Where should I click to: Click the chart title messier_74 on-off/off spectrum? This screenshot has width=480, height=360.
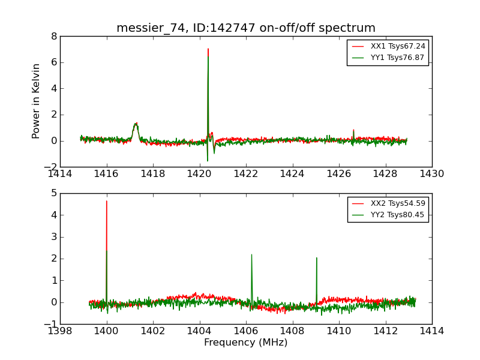pyautogui.click(x=246, y=28)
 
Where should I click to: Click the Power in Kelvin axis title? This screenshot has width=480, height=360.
pyautogui.click(x=37, y=101)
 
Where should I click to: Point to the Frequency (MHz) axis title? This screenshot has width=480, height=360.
pyautogui.click(x=246, y=343)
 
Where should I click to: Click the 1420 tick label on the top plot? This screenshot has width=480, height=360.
pyautogui.click(x=199, y=174)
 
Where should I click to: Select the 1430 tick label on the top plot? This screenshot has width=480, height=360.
pyautogui.click(x=432, y=174)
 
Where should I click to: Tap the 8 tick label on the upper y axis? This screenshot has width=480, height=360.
pyautogui.click(x=54, y=36)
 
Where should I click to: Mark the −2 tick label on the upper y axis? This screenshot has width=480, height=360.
pyautogui.click(x=51, y=167)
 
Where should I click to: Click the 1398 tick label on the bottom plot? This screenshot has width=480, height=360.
pyautogui.click(x=60, y=331)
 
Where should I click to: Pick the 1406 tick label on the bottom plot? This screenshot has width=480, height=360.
pyautogui.click(x=246, y=331)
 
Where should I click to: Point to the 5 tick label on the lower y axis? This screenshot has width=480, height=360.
pyautogui.click(x=54, y=193)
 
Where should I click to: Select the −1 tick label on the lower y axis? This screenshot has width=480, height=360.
pyautogui.click(x=51, y=324)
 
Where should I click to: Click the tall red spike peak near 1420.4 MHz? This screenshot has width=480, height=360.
pyautogui.click(x=208, y=49)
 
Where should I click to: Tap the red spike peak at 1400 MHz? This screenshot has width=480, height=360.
pyautogui.click(x=107, y=201)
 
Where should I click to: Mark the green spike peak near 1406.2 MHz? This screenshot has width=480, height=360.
pyautogui.click(x=251, y=254)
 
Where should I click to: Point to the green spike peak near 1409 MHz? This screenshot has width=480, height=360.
pyautogui.click(x=316, y=258)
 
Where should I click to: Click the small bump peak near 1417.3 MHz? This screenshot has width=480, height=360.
pyautogui.click(x=136, y=124)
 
